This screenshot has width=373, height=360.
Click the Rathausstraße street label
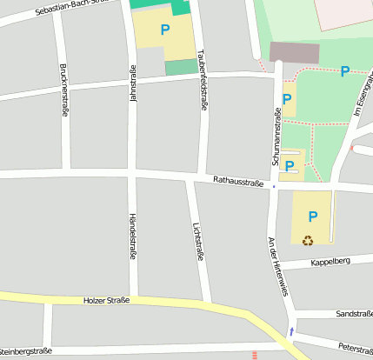[239, 182]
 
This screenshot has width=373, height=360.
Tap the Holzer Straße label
[106, 300]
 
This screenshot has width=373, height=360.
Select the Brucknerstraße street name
[64, 90]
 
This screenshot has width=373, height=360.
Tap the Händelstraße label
[132, 234]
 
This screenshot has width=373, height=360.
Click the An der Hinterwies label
[277, 266]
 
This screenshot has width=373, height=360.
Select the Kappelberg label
[330, 261]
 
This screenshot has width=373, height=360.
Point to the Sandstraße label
[354, 313]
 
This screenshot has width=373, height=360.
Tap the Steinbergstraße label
[26, 351]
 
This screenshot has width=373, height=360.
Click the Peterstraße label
[356, 348]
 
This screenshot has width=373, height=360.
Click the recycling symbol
[308, 241]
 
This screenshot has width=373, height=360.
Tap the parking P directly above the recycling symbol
[313, 217]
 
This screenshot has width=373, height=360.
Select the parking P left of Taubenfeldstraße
[164, 30]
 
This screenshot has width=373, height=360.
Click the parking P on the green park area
[345, 71]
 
